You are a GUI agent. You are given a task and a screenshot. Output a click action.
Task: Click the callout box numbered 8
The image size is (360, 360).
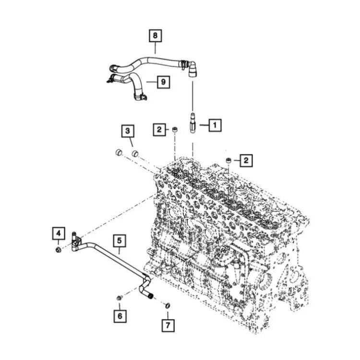pyautogui.click(x=156, y=36)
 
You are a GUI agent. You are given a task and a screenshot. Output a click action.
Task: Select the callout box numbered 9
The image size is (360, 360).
pyautogui.click(x=164, y=82)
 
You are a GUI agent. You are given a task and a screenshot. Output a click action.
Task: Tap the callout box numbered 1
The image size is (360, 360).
pyautogui.click(x=215, y=125)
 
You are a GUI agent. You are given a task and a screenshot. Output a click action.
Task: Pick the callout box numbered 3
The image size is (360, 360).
pyautogui.click(x=128, y=131)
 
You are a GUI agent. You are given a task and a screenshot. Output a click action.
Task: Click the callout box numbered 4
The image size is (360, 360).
pyautogui.click(x=59, y=233)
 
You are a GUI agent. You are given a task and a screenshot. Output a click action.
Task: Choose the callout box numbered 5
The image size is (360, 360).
pyautogui.click(x=120, y=240)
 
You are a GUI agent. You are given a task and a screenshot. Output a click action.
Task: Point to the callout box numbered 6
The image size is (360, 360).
pyautogui.click(x=120, y=316)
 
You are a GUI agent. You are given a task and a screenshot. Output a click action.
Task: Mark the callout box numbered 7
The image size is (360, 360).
pyautogui.click(x=168, y=325)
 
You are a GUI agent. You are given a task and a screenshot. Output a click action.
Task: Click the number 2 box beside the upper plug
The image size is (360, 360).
pyautogui.click(x=159, y=130)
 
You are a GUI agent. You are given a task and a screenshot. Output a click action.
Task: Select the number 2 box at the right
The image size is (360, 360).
pyautogui.click(x=246, y=160)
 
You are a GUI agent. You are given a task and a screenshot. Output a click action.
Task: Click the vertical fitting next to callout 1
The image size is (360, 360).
pyautogui.click(x=193, y=122)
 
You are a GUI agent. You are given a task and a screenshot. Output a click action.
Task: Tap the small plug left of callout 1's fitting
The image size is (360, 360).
pyautogui.click(x=175, y=130)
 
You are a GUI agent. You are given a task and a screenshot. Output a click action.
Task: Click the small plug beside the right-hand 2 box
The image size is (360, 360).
pyautogui.click(x=228, y=161)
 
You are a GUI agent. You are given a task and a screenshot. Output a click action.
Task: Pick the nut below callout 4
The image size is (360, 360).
pyautogui.click(x=58, y=249)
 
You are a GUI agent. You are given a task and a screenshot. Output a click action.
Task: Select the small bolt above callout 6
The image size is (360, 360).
pyautogui.click(x=119, y=298)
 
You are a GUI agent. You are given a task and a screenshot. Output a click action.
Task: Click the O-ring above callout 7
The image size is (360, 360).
pyautogui.click(x=168, y=306)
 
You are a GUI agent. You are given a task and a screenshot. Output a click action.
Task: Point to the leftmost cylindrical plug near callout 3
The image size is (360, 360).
pyautogui.click(x=119, y=152)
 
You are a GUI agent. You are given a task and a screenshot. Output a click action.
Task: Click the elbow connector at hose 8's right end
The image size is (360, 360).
pyautogui.click(x=192, y=69)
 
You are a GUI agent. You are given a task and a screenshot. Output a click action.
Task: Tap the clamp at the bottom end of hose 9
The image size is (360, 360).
pyautogui.click(x=140, y=97)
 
